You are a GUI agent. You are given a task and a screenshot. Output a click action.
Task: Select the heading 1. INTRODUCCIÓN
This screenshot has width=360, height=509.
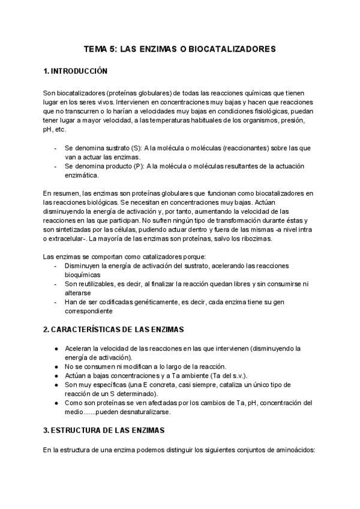[75, 71]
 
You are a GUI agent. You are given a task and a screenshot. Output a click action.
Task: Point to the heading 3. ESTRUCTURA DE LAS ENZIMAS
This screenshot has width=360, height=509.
[107, 431]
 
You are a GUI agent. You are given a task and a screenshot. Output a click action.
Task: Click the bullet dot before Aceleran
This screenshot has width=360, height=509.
[55, 348]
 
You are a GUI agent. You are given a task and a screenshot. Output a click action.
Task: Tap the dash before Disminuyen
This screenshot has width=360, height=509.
[55, 265]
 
